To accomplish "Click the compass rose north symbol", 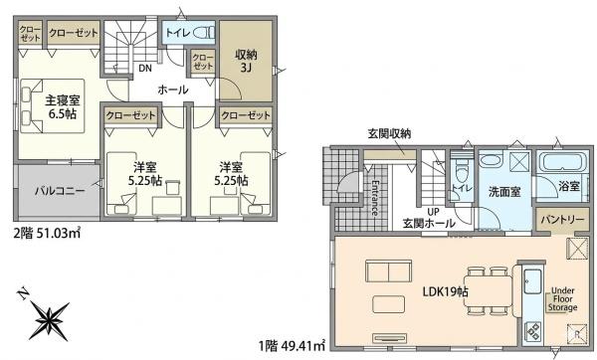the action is (x=49, y=319).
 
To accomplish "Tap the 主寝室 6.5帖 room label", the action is (x=63, y=107).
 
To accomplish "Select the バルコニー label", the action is (x=60, y=190).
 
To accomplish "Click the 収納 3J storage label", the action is (x=246, y=61).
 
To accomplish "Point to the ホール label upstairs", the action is (x=173, y=90).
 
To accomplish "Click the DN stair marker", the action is (x=145, y=68).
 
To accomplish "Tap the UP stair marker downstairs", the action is (x=433, y=212).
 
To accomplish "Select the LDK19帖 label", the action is (x=446, y=292).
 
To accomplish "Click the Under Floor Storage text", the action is (x=563, y=299).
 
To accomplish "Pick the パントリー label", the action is (x=562, y=220).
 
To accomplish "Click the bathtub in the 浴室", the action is (x=561, y=162).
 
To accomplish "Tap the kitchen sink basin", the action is (x=532, y=281).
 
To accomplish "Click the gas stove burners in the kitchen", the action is (x=532, y=331).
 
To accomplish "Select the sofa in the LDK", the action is (x=388, y=270).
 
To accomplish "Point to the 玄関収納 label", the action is (x=389, y=133).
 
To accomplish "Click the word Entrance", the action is (x=375, y=197).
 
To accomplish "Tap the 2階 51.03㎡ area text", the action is (x=47, y=233).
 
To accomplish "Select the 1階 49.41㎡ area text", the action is (x=292, y=346).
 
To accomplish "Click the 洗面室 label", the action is (x=504, y=192).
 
